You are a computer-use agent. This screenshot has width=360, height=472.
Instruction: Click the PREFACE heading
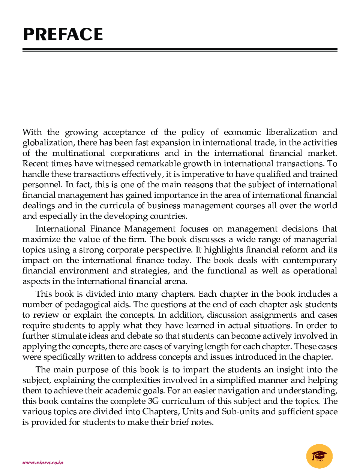coord(63,34)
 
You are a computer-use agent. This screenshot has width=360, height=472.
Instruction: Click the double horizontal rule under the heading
coord(180,49)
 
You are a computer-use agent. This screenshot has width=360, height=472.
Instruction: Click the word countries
coord(168,216)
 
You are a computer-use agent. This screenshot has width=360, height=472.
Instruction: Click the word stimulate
coord(69,336)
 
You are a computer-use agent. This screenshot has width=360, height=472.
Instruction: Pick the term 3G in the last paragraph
coord(153,401)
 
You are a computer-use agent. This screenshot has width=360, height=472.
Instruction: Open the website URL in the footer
coord(43,463)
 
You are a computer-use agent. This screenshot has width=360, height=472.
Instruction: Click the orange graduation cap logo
coord(319,456)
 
